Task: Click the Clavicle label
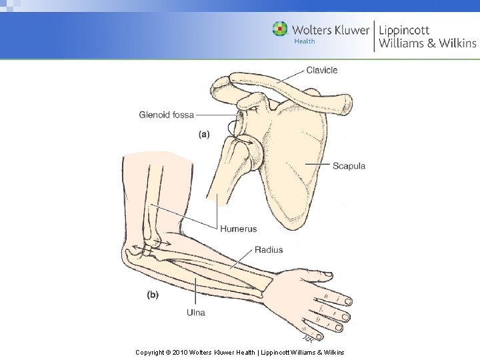point(321,70)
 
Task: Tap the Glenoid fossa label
point(166,115)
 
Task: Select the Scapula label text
point(349,165)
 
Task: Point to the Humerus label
point(238,229)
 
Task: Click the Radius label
point(268,250)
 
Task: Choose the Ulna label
point(195,312)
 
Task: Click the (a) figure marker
point(204,134)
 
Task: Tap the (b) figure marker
point(152,294)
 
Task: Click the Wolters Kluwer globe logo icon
point(280,29)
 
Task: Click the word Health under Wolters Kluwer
point(305,41)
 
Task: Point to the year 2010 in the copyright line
point(181,351)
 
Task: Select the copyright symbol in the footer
point(167,351)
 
